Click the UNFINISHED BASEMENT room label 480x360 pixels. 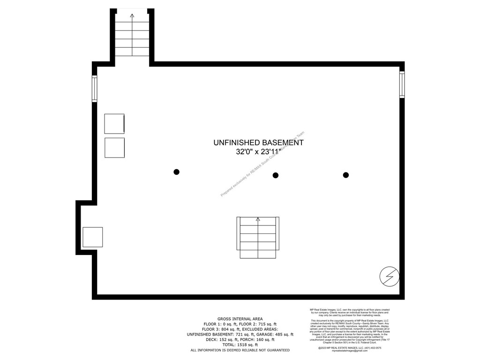tap(258, 142)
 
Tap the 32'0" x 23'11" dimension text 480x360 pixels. tap(258, 152)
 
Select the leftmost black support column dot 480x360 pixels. tap(177, 172)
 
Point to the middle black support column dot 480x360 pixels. tap(276, 175)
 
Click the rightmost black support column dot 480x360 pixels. tap(346, 175)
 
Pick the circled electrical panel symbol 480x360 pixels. tap(389, 276)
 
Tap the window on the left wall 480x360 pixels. tap(95, 89)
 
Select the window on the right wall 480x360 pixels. tap(402, 84)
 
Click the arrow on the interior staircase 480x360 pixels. tap(257, 219)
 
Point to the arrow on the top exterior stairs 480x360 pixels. tap(132, 16)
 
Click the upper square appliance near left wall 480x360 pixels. tap(114, 123)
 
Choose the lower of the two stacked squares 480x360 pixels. tap(114, 148)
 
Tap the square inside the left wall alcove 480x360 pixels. tap(92, 237)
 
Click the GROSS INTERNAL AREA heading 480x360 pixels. tap(240, 318)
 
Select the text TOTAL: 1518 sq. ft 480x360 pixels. tap(240, 345)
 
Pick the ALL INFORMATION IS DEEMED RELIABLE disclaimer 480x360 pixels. tap(240, 350)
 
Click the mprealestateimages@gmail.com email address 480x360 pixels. tap(350, 351)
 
